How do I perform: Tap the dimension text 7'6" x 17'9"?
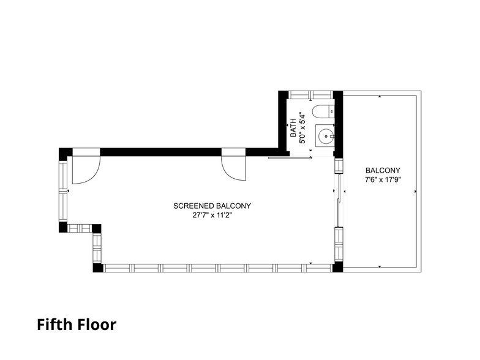[383, 180]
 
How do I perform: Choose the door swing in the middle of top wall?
[233, 165]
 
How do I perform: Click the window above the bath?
[310, 94]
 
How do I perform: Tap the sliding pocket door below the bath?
[290, 158]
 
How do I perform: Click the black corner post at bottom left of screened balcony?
[97, 268]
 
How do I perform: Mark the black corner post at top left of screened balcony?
[64, 152]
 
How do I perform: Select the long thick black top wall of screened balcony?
[184, 151]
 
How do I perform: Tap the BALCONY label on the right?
[383, 171]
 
